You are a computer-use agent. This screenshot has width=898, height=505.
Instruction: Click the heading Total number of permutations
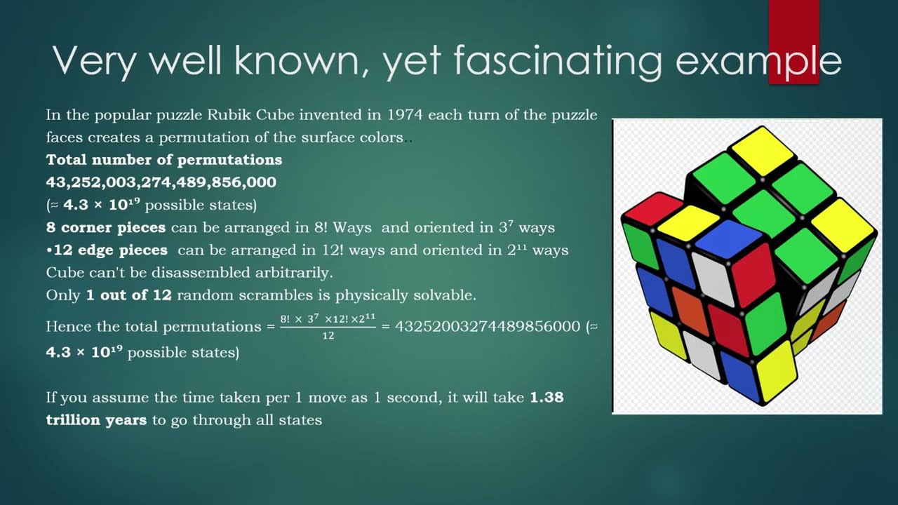pyautogui.click(x=163, y=159)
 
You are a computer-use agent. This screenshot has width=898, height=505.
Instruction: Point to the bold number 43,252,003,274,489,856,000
pyautogui.click(x=161, y=182)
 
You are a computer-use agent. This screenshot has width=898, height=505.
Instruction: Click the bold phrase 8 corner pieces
pyautogui.click(x=105, y=228)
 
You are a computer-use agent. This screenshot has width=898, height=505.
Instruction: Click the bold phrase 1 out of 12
pyautogui.click(x=128, y=295)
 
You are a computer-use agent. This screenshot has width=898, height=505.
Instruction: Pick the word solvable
pyautogui.click(x=445, y=295)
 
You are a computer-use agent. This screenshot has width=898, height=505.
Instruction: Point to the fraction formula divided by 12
pyautogui.click(x=328, y=326)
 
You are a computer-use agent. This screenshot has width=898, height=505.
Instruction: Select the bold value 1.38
pyautogui.click(x=547, y=398)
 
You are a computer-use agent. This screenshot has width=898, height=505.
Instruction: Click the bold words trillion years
pyautogui.click(x=96, y=420)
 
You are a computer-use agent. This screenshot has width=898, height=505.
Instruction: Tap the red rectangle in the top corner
pyautogui.click(x=793, y=41)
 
